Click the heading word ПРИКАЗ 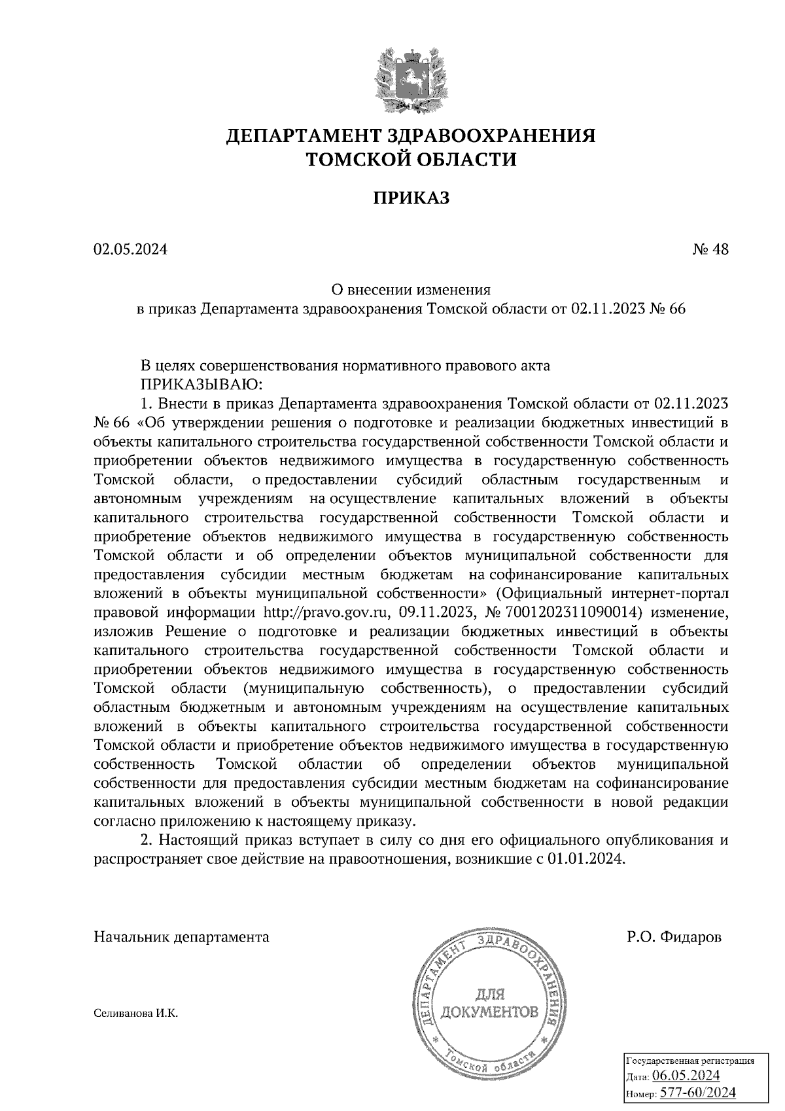411,198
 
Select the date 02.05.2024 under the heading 130,249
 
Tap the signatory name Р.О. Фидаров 674,937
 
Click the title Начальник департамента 181,937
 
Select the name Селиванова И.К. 135,1014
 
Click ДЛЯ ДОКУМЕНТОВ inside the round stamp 490,1004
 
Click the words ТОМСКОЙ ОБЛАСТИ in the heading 411,160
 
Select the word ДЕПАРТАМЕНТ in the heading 302,136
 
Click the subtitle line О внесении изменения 411,289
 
